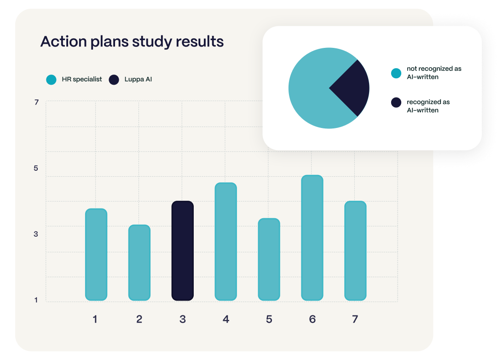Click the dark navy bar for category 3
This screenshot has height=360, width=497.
(182, 251)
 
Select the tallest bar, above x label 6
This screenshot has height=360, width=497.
(312, 238)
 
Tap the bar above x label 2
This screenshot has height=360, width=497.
(139, 262)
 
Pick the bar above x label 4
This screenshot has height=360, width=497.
(225, 242)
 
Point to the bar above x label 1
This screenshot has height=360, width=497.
(96, 255)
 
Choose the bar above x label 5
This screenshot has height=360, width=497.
(269, 259)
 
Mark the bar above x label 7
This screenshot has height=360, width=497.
(355, 251)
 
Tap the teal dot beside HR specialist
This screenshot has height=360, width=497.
(51, 80)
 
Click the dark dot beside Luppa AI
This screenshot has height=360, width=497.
(114, 80)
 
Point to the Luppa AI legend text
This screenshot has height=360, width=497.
(138, 80)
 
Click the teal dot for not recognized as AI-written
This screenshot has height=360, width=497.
(396, 73)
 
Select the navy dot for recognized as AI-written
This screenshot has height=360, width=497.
(396, 102)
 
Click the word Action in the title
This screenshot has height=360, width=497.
(63, 42)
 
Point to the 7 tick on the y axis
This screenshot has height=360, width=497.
(36, 102)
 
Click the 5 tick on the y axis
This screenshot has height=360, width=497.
(36, 168)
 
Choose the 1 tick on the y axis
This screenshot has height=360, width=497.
(36, 300)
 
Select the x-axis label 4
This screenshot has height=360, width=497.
(225, 319)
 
